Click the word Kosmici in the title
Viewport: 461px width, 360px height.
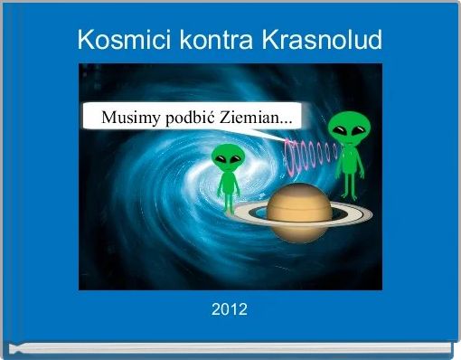click(x=113, y=40)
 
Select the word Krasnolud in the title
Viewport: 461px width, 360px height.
click(x=322, y=40)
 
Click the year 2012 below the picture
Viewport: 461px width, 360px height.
click(x=230, y=310)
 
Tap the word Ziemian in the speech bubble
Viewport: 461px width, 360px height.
click(x=249, y=118)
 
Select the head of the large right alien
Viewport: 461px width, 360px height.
click(x=348, y=128)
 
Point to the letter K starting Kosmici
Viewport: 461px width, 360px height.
click(x=84, y=40)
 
